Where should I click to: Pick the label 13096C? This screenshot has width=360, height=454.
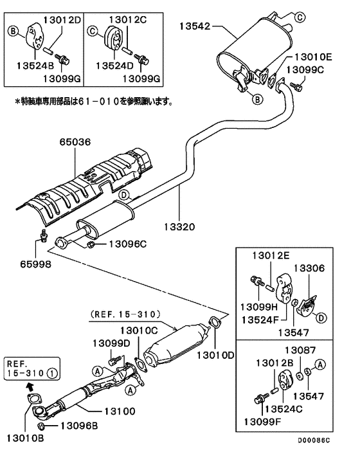(x=127, y=244)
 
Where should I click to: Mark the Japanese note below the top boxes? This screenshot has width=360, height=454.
(x=94, y=101)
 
